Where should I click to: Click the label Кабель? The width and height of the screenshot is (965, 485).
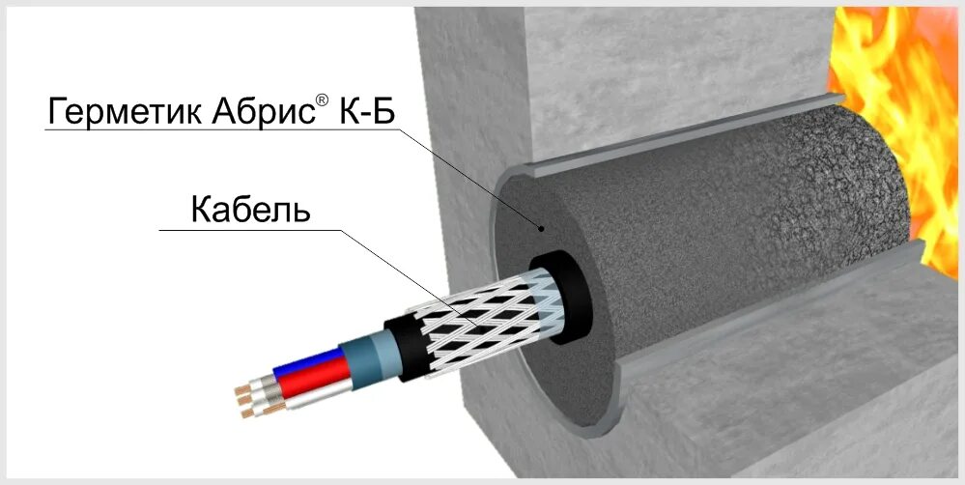pos(250,210)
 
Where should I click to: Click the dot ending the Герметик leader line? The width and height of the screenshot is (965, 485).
pos(543,229)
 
